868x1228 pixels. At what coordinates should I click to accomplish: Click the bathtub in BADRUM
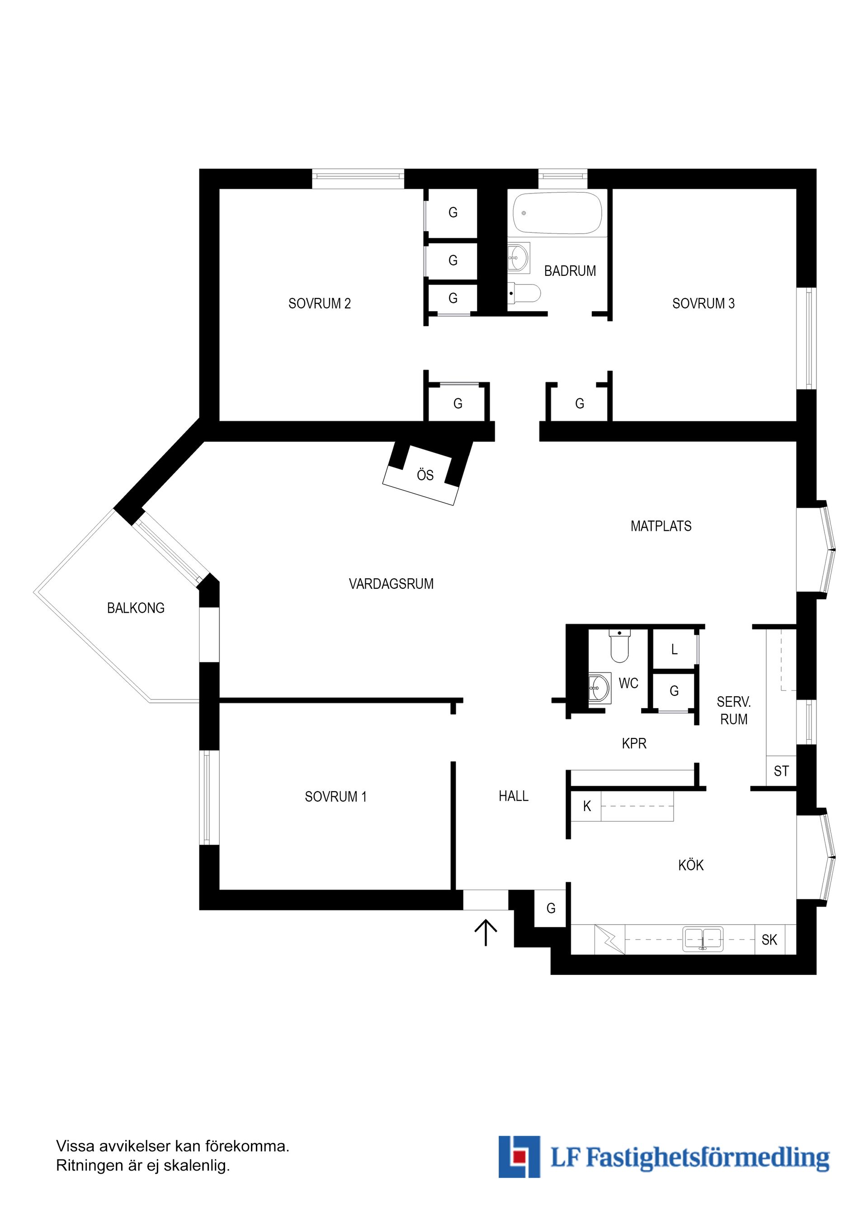557,213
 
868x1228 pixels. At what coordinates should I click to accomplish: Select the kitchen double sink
703,939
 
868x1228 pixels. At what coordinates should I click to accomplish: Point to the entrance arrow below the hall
486,932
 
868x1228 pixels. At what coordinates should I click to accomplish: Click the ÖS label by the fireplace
425,475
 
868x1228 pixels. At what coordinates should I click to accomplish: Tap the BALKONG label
136,608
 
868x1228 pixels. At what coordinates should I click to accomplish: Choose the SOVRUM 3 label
703,304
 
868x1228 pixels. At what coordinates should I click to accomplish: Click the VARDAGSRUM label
391,584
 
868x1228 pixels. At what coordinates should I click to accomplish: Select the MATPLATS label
661,526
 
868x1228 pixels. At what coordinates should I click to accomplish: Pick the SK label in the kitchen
769,940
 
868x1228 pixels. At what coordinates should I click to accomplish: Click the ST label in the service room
781,771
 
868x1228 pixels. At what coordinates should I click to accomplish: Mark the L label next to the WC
675,649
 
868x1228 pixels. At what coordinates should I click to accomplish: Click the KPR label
634,743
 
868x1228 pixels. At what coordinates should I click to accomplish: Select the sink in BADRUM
518,258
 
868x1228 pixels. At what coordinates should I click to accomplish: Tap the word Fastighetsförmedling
708,1158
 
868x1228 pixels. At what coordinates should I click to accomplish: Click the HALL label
514,796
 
